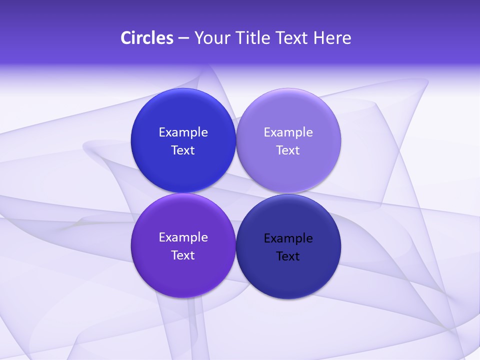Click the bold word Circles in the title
coord(146,38)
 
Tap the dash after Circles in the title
coord(183,38)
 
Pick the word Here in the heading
coord(332,38)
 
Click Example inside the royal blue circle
coord(183,132)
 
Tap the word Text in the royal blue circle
coord(183,150)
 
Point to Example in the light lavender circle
coord(288,132)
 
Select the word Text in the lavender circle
coord(288,150)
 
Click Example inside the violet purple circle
coord(183,237)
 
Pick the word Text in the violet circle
coord(183,255)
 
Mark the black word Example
coord(288,238)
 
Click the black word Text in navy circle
coord(288,256)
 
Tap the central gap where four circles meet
coord(235,193)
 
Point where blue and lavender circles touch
coord(235,140)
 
